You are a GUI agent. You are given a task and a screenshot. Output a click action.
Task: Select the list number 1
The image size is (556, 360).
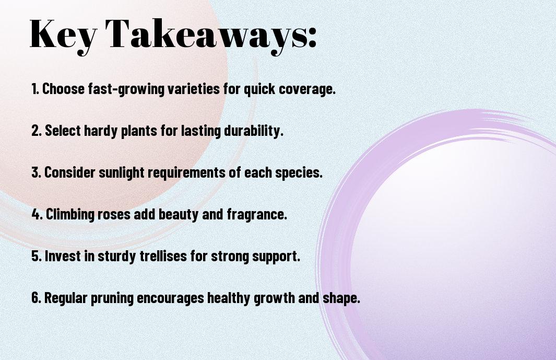pyautogui.click(x=35, y=89)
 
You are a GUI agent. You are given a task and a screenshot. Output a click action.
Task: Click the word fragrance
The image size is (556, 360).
pyautogui.click(x=257, y=215)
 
